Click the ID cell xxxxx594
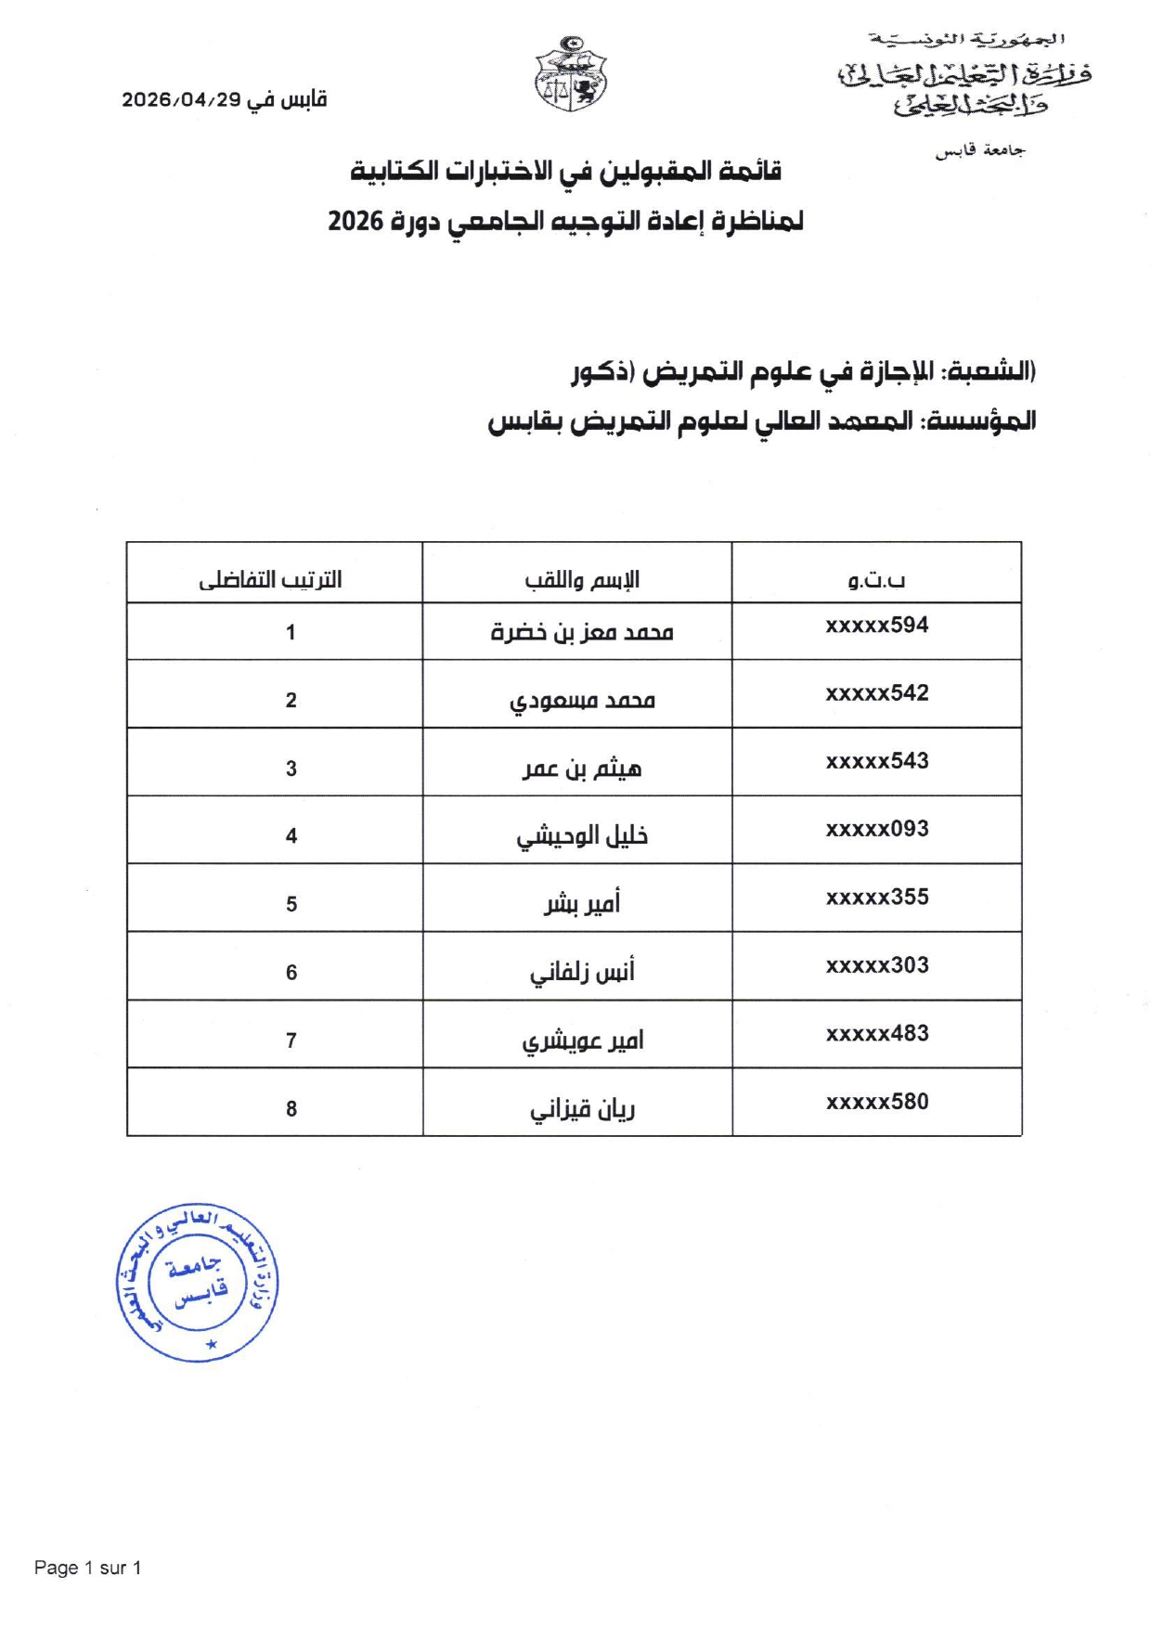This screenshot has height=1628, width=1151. [876, 626]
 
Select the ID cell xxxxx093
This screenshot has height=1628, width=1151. [876, 829]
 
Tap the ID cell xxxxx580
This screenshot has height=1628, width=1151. [876, 1102]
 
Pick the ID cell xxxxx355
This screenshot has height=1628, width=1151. [876, 898]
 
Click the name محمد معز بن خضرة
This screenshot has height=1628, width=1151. [581, 633]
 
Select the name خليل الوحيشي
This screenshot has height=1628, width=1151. [581, 836]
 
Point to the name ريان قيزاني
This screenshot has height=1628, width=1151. [581, 1109]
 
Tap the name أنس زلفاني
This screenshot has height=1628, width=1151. [581, 973]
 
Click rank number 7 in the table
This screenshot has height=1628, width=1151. [291, 1040]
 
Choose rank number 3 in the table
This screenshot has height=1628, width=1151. [291, 769]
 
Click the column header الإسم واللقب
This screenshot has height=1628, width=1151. [581, 580]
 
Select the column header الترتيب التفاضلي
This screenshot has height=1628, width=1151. [270, 580]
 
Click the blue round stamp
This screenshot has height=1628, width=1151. [197, 1283]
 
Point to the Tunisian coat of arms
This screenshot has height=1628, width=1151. [571, 74]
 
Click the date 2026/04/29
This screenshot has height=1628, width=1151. [181, 100]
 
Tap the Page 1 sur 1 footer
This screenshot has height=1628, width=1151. [87, 1568]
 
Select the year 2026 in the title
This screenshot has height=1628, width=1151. [356, 221]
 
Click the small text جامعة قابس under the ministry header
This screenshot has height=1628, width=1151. [980, 150]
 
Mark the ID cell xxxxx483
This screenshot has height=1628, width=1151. [876, 1033]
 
